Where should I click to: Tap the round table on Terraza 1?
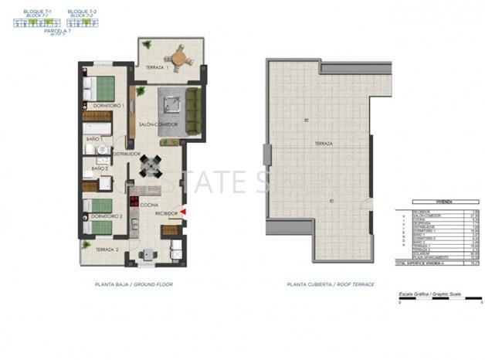[179, 56]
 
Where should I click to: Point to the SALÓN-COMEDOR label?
[158, 124]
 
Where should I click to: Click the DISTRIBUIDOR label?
[125, 154]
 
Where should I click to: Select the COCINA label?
[149, 205]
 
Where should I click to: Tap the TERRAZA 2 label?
[107, 250]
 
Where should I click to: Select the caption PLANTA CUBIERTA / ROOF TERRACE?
[330, 285]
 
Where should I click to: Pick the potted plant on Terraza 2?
[85, 245]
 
